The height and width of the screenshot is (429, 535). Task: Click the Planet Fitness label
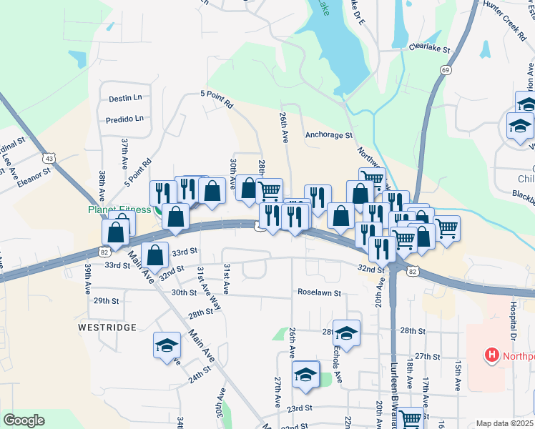click(x=120, y=209)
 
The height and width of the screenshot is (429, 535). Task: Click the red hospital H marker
click(x=492, y=354)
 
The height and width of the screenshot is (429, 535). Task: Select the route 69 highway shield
click(x=446, y=69)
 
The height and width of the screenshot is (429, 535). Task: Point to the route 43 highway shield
click(x=49, y=157)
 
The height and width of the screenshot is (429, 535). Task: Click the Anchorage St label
click(x=329, y=134)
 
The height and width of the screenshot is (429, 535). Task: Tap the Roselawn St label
click(x=320, y=292)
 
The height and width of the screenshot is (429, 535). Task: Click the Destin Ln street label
click(x=125, y=97)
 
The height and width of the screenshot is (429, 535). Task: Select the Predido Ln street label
click(x=125, y=119)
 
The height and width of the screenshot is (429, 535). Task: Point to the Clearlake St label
click(x=428, y=51)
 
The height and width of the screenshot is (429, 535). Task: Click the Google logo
click(x=24, y=420)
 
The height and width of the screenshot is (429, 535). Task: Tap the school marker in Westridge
click(x=167, y=345)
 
